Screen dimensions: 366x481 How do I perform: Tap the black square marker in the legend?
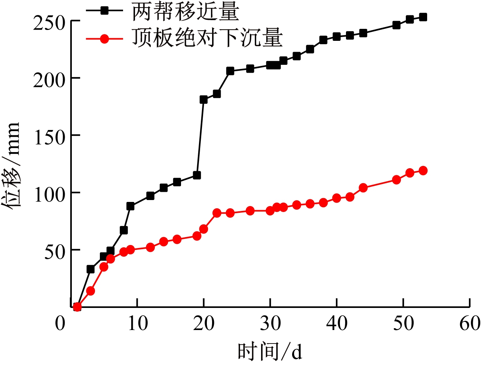click(104, 11)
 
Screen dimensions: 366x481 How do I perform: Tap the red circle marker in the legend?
click(104, 39)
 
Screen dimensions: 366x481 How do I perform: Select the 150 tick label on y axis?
click(49, 137)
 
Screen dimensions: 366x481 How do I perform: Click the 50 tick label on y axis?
click(55, 252)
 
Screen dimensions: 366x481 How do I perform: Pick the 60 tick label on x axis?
click(470, 323)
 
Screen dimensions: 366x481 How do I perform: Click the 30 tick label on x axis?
click(270, 323)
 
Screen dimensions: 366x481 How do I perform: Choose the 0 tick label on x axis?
click(60, 323)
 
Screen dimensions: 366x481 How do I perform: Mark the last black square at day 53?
click(423, 17)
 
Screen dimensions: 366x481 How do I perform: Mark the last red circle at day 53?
click(423, 170)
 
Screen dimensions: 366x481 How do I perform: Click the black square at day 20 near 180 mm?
click(203, 99)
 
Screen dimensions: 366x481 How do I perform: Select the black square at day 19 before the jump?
click(197, 175)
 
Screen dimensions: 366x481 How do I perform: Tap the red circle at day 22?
click(217, 213)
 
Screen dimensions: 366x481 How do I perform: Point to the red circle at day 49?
click(396, 180)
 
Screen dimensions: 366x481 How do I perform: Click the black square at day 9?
click(130, 206)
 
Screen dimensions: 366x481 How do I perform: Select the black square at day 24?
click(230, 71)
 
